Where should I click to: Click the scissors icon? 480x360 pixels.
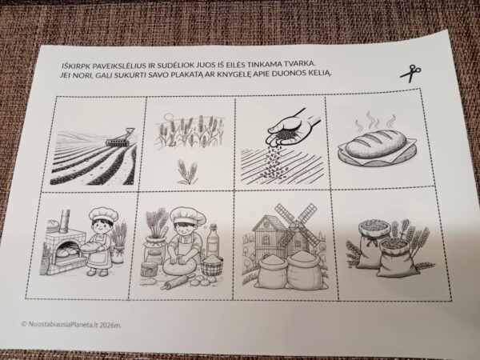click(411, 74)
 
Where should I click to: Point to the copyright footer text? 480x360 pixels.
click(71, 324)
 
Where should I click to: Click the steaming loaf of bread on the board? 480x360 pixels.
click(377, 143)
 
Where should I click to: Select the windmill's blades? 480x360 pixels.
click(296, 223)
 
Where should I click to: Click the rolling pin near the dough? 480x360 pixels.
click(178, 282)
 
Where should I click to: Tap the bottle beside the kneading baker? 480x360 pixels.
click(213, 240)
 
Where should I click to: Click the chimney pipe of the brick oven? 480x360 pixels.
click(66, 222)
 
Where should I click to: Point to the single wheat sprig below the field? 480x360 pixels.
click(187, 172)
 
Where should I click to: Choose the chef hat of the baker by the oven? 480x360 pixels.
click(103, 214)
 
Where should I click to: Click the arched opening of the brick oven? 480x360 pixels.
click(69, 249)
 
